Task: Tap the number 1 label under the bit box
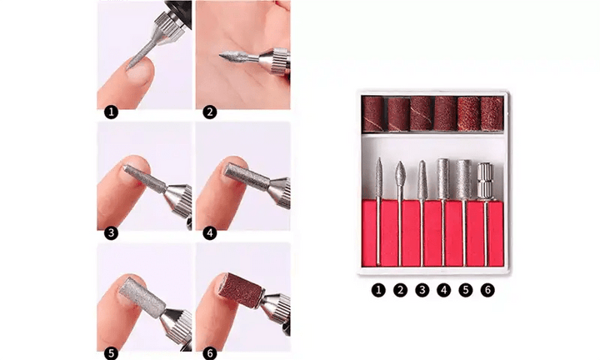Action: point(379,291)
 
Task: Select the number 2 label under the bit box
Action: point(401,291)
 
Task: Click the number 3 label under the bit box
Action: point(422,291)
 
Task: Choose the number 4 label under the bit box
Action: point(444,291)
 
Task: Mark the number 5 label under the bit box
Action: point(466,291)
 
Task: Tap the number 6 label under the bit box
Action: point(487,291)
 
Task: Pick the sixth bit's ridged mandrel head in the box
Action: point(486,178)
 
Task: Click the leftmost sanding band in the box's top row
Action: point(373,113)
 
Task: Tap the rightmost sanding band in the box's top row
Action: point(492,113)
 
